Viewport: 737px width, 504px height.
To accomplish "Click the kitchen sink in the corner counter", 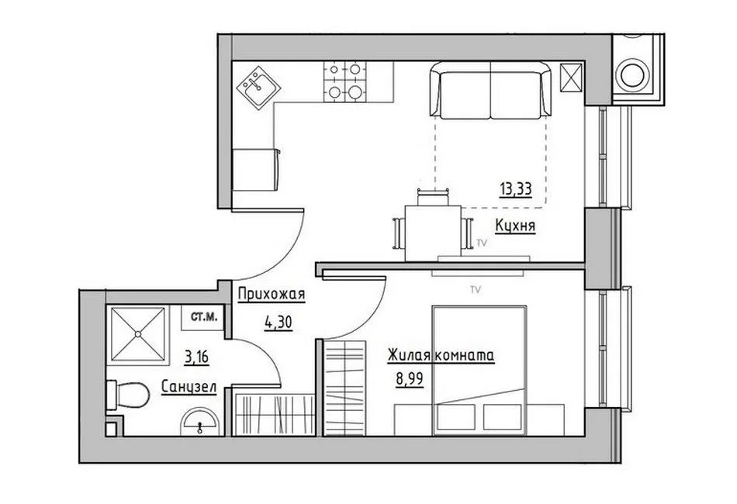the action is [x=258, y=88].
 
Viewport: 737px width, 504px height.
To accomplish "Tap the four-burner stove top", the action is [x=344, y=81].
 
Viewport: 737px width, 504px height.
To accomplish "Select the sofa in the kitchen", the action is [x=490, y=90].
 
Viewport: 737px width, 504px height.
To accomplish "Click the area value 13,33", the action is [x=516, y=189].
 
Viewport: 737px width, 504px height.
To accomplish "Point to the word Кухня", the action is [x=516, y=226].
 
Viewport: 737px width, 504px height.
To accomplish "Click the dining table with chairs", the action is [x=433, y=226].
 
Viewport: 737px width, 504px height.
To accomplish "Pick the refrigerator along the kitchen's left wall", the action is [x=256, y=170].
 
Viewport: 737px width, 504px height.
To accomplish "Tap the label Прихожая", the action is [x=272, y=295].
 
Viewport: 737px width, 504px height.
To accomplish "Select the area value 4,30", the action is [x=279, y=323].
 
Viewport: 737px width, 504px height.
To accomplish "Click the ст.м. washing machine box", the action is [x=203, y=318].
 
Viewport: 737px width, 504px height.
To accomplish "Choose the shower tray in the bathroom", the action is [x=138, y=334].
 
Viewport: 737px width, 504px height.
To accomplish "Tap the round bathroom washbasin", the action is [x=199, y=421].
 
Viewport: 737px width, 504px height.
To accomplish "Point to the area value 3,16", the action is [x=196, y=357].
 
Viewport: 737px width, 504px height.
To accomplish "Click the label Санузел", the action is [x=189, y=388].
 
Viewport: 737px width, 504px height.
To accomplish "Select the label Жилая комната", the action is [x=441, y=356].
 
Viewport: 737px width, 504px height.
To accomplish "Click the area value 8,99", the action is [x=410, y=378].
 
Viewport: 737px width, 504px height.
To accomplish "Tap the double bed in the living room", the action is [x=479, y=371].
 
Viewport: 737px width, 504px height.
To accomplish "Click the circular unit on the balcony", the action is [x=635, y=75].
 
